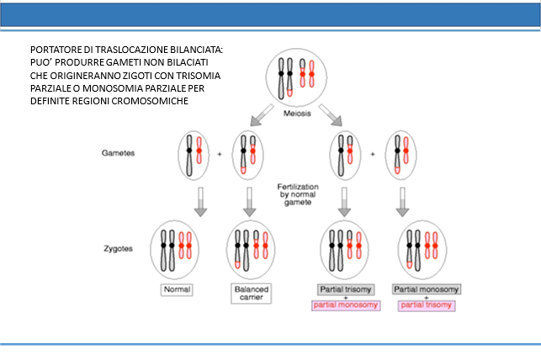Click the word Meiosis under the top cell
pyautogui.click(x=297, y=114)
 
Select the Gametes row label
pyautogui.click(x=118, y=153)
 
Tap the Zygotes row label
pyautogui.click(x=118, y=249)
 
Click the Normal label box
pyautogui.click(x=177, y=289)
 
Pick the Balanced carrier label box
pyautogui.click(x=252, y=294)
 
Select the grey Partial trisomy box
pyautogui.click(x=346, y=289)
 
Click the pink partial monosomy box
pyautogui.click(x=346, y=305)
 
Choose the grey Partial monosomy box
pyautogui.click(x=427, y=289)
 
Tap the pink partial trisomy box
pyautogui.click(x=427, y=305)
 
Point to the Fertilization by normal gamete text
pyautogui.click(x=298, y=194)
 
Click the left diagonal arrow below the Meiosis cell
pyautogui.click(x=262, y=115)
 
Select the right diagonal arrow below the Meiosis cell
pyautogui.click(x=331, y=115)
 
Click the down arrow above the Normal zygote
pyautogui.click(x=200, y=202)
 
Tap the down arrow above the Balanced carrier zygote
pyautogui.click(x=249, y=202)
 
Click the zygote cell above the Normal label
pyautogui.click(x=174, y=250)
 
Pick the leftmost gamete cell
pyautogui.click(x=194, y=155)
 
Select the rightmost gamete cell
pyautogui.click(x=401, y=155)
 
